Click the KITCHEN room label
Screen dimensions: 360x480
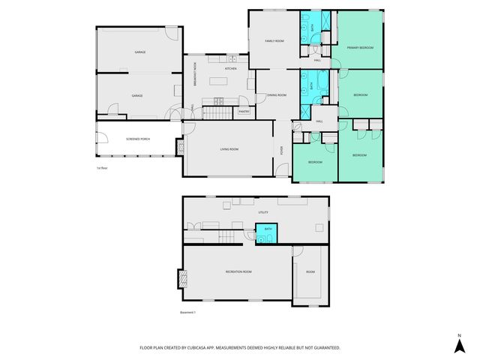[230, 68]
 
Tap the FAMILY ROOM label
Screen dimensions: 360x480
[274, 40]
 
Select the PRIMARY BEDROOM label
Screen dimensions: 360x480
[360, 47]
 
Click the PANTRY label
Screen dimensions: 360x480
[244, 112]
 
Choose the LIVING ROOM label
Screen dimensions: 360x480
[229, 149]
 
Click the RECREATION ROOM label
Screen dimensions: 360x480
[238, 271]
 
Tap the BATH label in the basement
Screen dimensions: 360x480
[268, 229]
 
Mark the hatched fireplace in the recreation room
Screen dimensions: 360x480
[180, 279]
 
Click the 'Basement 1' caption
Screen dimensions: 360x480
[187, 312]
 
